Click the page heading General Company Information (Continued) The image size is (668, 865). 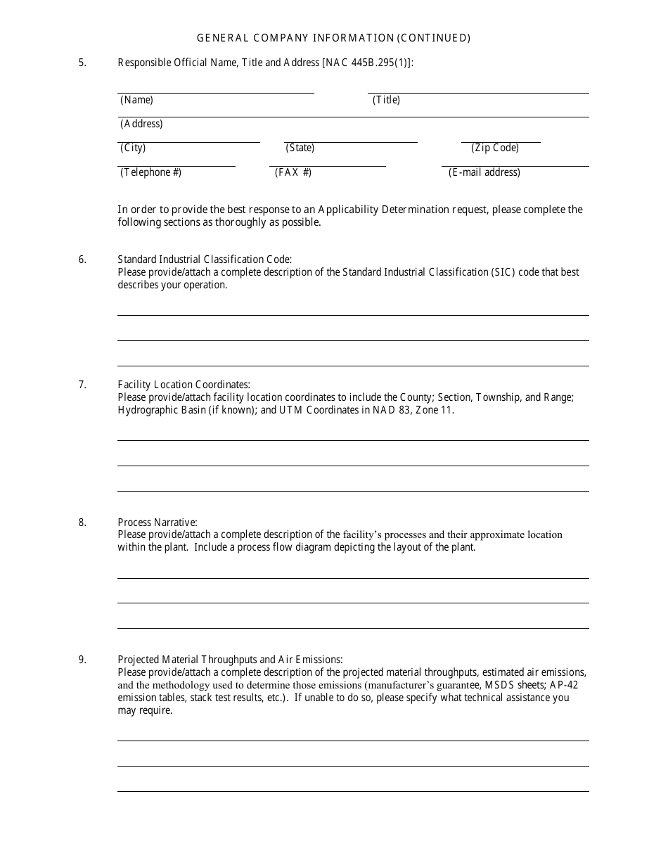[x=333, y=38]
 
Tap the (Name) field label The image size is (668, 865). [x=136, y=100]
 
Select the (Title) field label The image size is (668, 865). [x=386, y=100]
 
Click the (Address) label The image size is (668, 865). [x=141, y=124]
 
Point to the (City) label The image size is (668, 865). [x=133, y=148]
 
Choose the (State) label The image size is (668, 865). [x=300, y=148]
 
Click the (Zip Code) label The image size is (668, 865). [x=495, y=148]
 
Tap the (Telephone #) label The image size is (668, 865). [x=150, y=172]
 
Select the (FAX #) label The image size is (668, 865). [x=293, y=172]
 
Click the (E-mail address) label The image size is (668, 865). [x=484, y=172]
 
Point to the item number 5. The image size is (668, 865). [x=82, y=63]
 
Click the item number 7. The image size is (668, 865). [x=82, y=385]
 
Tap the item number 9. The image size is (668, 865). [x=82, y=660]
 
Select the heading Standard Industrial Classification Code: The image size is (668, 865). [x=205, y=259]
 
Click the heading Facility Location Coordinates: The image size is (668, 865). [x=184, y=385]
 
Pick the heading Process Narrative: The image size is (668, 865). [x=158, y=523]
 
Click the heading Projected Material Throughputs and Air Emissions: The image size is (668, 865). [x=230, y=660]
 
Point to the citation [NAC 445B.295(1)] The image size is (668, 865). [x=367, y=63]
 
